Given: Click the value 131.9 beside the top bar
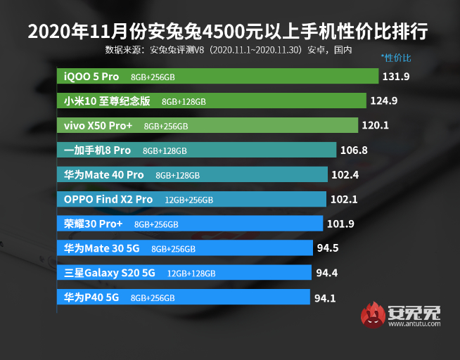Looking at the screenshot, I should (x=396, y=76).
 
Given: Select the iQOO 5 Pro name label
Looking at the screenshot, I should (x=91, y=76).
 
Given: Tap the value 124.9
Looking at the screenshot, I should (x=384, y=101).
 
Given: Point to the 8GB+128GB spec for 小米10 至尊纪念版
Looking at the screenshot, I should (x=184, y=101).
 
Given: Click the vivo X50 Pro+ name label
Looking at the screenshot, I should (x=98, y=126).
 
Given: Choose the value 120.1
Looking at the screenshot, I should (x=376, y=126).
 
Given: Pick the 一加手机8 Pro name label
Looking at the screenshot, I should (x=97, y=150).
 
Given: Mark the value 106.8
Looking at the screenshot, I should (x=354, y=150).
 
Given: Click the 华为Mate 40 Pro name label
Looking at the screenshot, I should (x=103, y=174).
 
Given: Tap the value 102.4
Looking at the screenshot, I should (x=345, y=174).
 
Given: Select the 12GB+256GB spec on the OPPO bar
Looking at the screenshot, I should (x=189, y=200).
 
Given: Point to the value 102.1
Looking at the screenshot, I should (x=344, y=199).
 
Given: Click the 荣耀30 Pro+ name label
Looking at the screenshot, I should (x=93, y=224).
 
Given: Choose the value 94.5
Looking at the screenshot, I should (x=328, y=247).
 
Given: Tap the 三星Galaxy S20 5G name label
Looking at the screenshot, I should (x=109, y=273).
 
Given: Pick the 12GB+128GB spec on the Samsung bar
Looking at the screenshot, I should (x=191, y=273).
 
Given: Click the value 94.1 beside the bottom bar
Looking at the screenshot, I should (x=325, y=297).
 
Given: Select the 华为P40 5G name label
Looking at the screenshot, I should (x=91, y=297).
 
